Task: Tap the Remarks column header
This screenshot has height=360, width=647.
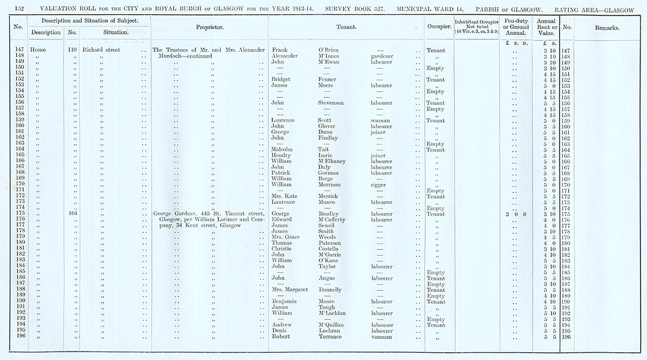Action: coord(607,28)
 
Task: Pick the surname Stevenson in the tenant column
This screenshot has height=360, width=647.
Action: coord(335,103)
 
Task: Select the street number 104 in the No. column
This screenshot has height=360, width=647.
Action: coord(72,214)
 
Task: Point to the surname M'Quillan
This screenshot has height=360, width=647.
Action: coord(334,325)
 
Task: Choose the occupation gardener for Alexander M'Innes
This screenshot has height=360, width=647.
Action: coord(384,56)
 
